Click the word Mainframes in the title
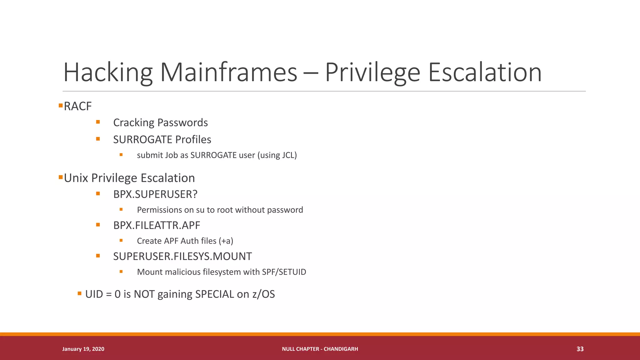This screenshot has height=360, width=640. [228, 72]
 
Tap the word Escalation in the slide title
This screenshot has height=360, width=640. [485, 72]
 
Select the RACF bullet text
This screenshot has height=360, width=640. [78, 106]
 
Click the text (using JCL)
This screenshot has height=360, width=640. [277, 155]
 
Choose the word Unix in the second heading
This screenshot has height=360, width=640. [76, 178]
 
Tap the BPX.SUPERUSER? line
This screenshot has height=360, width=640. [155, 194]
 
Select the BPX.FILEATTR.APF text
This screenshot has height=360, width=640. [157, 225]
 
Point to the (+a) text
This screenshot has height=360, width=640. [226, 241]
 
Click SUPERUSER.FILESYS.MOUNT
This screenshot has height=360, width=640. [182, 256]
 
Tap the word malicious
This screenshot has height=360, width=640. [182, 272]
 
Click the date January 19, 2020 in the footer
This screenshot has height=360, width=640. [83, 349]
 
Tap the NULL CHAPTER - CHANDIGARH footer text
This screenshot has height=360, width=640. [320, 349]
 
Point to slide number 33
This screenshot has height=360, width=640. [580, 349]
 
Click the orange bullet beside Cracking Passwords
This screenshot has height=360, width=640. [98, 122]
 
